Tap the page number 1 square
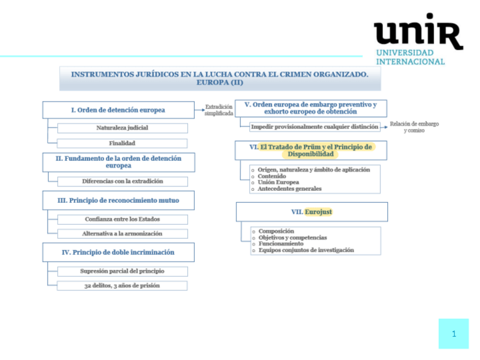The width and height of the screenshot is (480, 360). [453, 333]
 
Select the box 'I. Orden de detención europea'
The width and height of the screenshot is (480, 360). [118, 110]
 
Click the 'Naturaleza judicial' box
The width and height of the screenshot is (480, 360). [122, 128]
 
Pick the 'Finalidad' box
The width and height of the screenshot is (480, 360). [122, 143]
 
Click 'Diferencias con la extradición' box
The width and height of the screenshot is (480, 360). [122, 181]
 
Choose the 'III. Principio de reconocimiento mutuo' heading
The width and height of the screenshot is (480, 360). [118, 200]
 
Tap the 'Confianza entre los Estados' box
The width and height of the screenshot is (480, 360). [122, 219]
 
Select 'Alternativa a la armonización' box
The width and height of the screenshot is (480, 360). [122, 233]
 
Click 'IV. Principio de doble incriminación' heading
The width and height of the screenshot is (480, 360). [118, 252]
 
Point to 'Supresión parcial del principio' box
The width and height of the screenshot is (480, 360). [122, 271]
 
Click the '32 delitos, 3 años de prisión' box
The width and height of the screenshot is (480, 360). [122, 285]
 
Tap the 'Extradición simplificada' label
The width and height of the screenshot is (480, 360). [218, 110]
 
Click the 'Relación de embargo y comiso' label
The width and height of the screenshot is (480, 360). [414, 127]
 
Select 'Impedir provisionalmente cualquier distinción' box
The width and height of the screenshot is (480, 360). [314, 127]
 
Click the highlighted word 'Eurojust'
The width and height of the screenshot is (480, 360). [319, 212]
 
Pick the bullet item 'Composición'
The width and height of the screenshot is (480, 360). [276, 231]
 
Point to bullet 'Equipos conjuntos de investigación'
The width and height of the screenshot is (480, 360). [306, 250]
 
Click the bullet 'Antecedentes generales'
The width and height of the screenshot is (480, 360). [289, 188]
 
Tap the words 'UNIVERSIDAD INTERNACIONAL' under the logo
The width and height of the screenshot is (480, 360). [410, 57]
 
